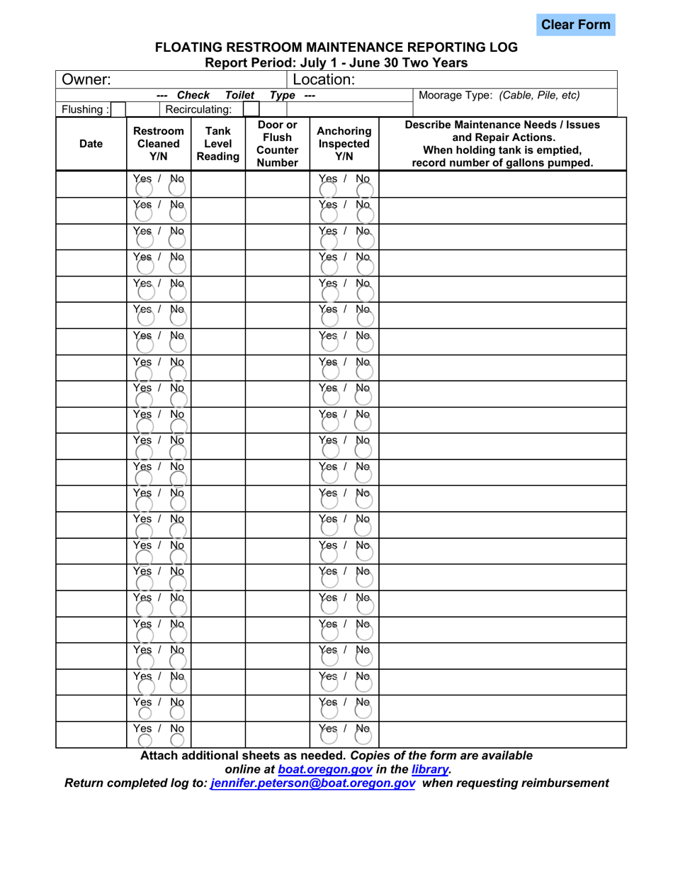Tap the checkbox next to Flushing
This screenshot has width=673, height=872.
pyautogui.click(x=117, y=110)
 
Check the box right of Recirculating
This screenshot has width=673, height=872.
pyautogui.click(x=251, y=110)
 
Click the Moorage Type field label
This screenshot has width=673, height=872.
pyautogui.click(x=500, y=94)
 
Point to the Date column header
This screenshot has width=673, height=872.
pyautogui.click(x=90, y=144)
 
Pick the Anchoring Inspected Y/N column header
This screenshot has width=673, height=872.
pyautogui.click(x=343, y=144)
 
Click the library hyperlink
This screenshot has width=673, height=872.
pyautogui.click(x=430, y=769)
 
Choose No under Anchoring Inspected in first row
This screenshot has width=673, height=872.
pyautogui.click(x=364, y=189)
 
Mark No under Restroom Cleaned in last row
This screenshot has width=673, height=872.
pyautogui.click(x=178, y=739)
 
